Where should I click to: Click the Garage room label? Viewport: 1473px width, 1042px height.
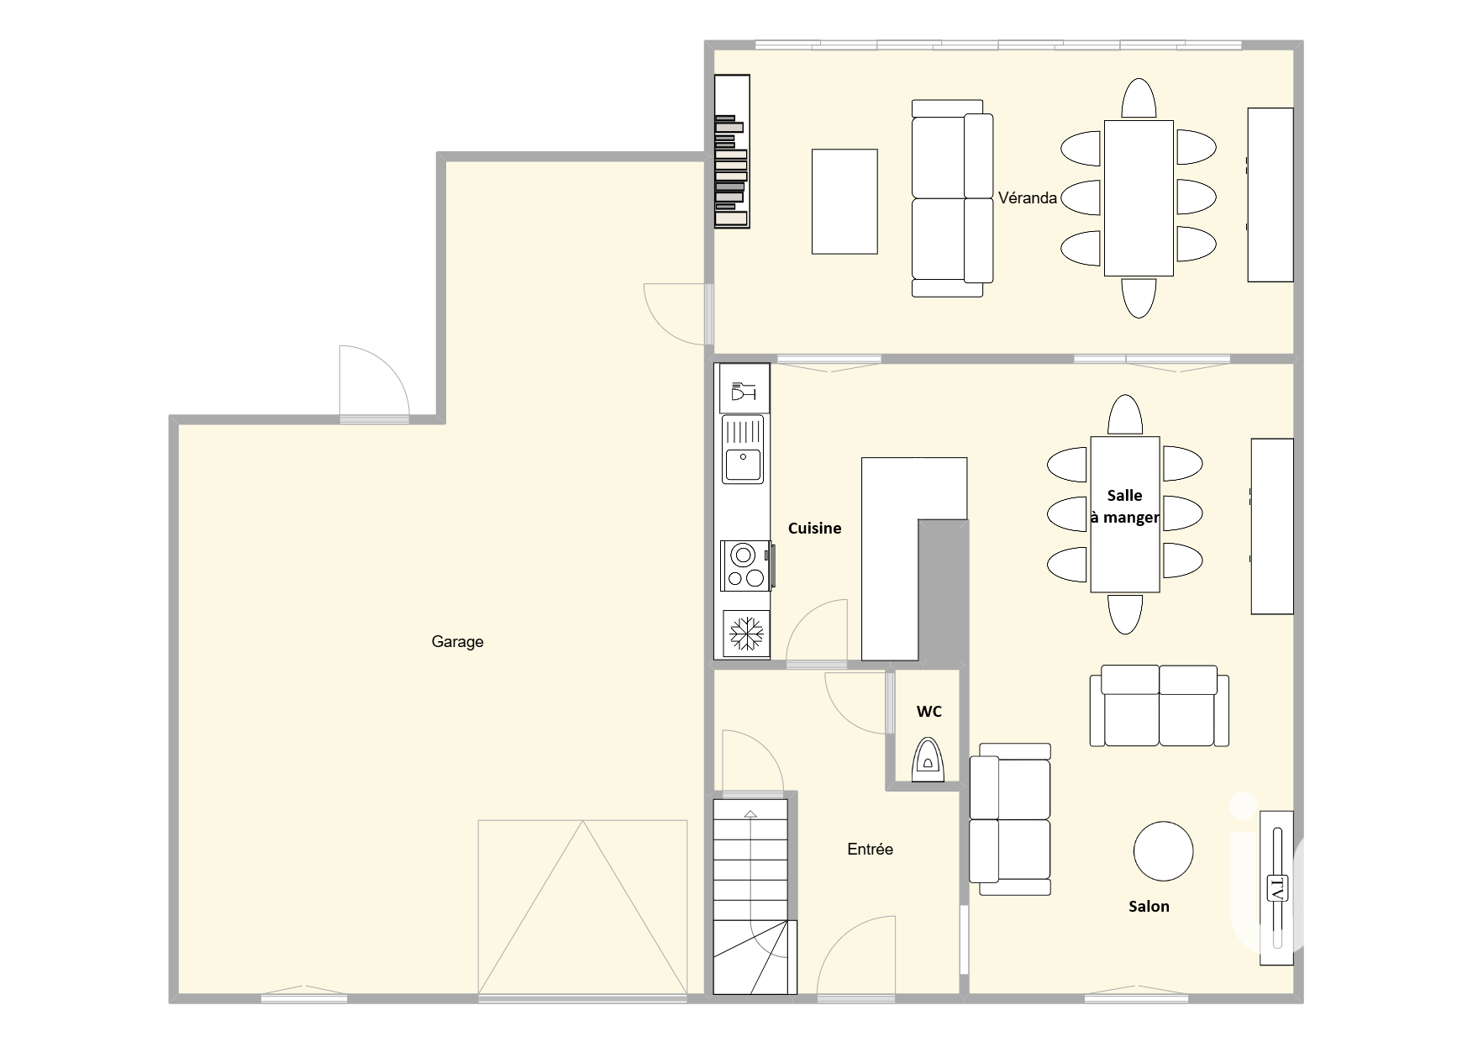[457, 642]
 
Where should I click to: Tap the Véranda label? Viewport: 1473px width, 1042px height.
[1028, 198]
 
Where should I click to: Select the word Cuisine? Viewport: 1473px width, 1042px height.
[814, 528]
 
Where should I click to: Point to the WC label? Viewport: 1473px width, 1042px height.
[929, 712]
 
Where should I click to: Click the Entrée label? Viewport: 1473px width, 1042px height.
[870, 849]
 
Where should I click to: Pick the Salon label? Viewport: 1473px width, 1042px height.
[1149, 906]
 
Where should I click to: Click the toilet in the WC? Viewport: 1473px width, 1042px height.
[928, 760]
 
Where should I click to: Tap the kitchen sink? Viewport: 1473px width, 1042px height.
[743, 450]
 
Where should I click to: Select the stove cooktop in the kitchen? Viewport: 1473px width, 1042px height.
[745, 565]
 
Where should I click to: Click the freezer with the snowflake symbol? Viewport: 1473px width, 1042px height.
[745, 633]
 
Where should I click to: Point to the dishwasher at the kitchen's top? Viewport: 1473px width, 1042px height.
[744, 388]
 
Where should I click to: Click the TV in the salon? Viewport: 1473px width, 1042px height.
[1276, 887]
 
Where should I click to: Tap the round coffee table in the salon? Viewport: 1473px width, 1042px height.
[1163, 850]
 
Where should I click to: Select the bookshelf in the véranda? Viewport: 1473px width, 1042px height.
[732, 151]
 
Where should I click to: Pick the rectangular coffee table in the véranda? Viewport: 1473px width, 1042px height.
[844, 202]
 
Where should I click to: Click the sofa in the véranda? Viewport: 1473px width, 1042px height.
[952, 198]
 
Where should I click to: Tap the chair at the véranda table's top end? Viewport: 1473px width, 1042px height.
[1139, 99]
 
